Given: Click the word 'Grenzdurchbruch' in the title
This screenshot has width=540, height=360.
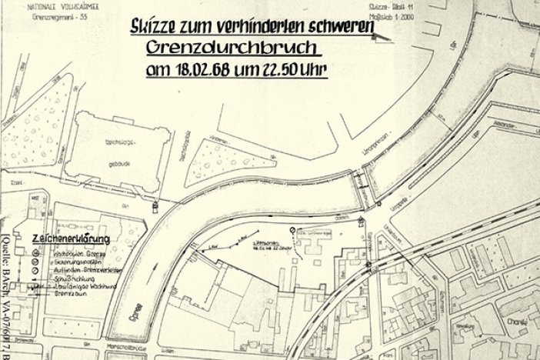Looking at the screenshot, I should (231, 48).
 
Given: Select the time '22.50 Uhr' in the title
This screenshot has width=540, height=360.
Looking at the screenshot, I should (295, 69).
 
